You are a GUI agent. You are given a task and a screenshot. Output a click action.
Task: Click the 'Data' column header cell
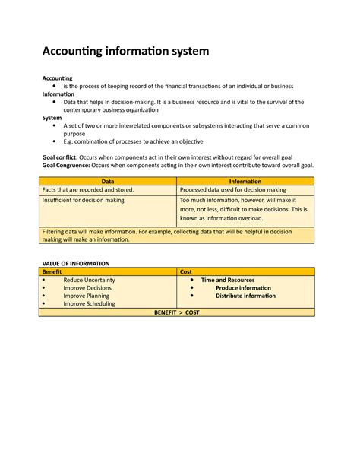point(109,182)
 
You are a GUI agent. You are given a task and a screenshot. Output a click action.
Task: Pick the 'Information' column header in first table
point(245,182)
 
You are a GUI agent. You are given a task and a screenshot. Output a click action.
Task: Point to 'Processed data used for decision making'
point(233,190)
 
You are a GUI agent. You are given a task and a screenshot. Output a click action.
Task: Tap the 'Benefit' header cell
point(52,271)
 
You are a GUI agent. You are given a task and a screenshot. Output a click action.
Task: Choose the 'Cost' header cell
point(186,271)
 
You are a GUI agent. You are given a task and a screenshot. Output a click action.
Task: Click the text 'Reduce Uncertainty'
point(90,280)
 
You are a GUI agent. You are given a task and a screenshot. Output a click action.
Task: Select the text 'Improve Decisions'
point(87,288)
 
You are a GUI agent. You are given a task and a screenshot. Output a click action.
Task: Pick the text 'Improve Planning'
point(87,296)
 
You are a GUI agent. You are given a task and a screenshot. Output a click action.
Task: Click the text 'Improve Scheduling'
point(90,304)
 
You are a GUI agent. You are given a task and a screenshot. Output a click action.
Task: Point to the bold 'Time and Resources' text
point(228,280)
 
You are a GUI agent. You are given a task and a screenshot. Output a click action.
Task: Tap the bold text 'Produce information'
point(243,288)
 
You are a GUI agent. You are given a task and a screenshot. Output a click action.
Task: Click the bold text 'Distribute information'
point(245,296)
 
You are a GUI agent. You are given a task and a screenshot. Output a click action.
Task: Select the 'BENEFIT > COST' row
point(176,312)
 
